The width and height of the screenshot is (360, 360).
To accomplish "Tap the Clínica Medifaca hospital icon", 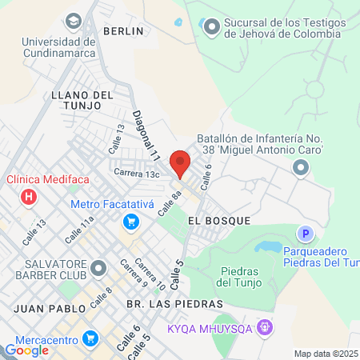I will [30, 196].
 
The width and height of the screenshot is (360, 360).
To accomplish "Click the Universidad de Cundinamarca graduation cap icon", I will [74, 20].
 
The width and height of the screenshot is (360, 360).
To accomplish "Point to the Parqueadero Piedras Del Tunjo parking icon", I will [304, 234].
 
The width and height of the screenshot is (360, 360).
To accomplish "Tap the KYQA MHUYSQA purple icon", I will [266, 327].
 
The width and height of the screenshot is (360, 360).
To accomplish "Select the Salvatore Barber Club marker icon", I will [98, 267].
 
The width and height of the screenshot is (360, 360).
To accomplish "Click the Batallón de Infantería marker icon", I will [301, 166].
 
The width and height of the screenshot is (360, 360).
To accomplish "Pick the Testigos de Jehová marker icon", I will [211, 27].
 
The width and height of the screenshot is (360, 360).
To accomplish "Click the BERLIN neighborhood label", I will [123, 31].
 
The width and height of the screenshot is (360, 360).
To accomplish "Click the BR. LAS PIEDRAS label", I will [162, 304].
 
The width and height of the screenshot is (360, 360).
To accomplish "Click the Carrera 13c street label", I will [137, 173].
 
